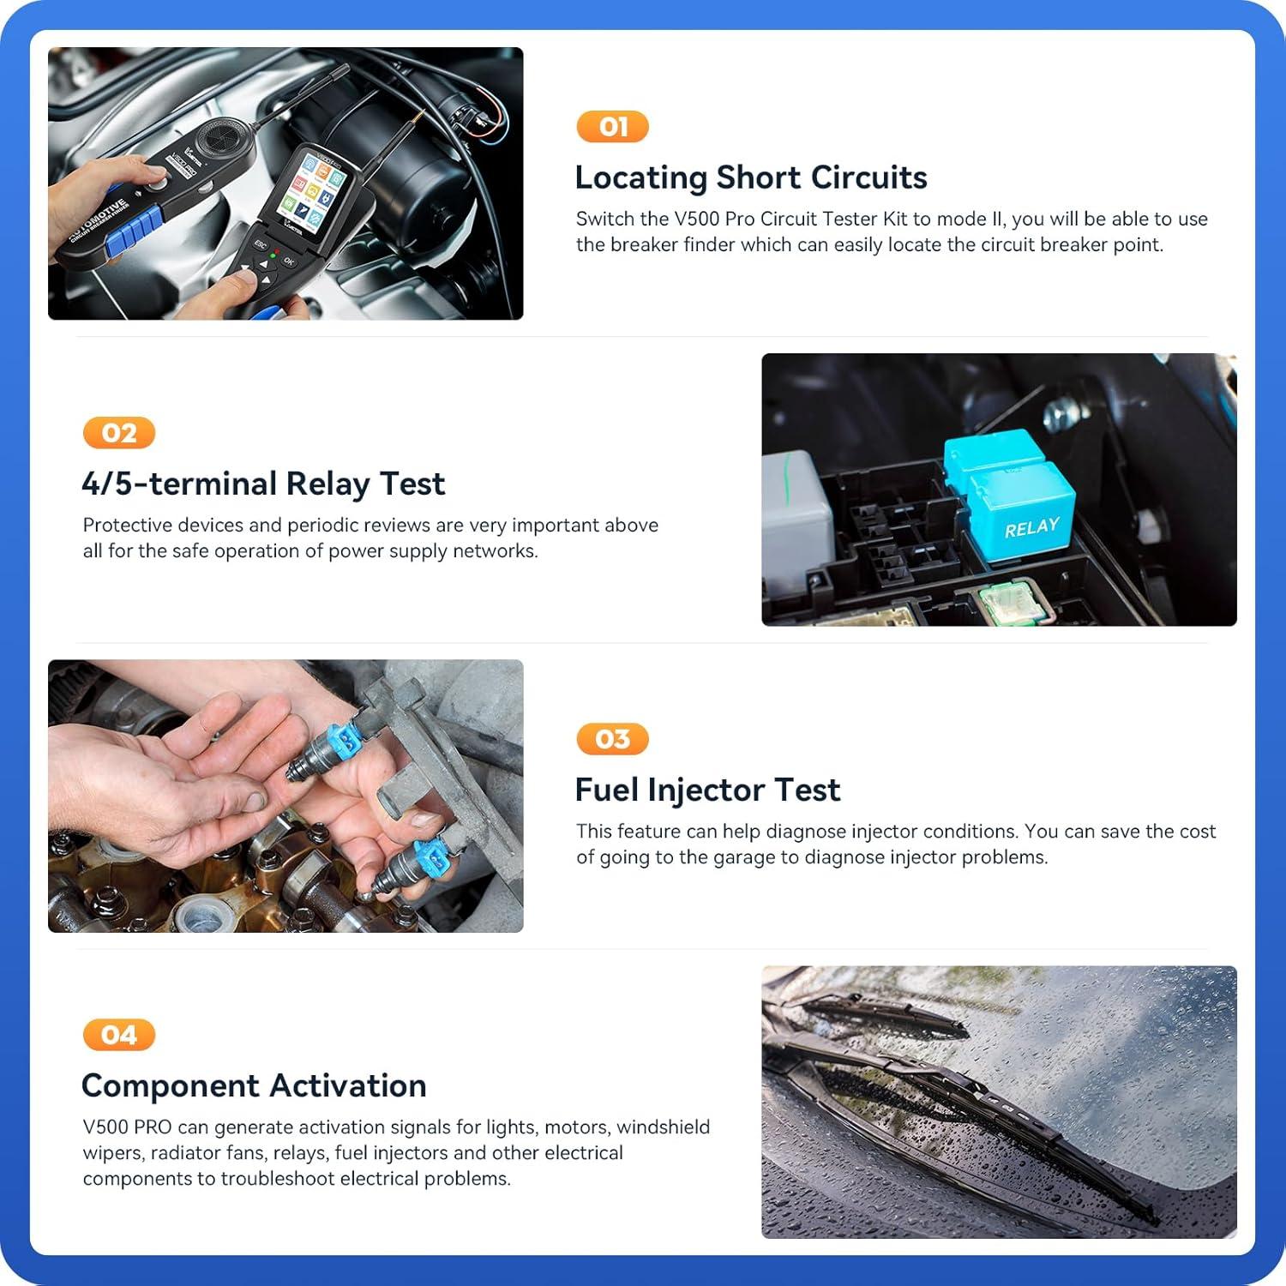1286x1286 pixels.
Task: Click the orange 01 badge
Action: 612,127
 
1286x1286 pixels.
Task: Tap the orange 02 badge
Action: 119,433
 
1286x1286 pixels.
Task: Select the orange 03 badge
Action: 612,739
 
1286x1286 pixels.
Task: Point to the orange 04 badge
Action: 119,1035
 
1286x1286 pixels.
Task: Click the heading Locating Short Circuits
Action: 750,177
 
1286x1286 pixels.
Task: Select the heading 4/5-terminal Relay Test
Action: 263,484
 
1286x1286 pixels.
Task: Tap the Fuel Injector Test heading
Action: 707,790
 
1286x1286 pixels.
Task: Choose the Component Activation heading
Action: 254,1085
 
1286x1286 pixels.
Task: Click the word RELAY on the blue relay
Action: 1031,528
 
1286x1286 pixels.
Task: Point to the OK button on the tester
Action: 289,261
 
